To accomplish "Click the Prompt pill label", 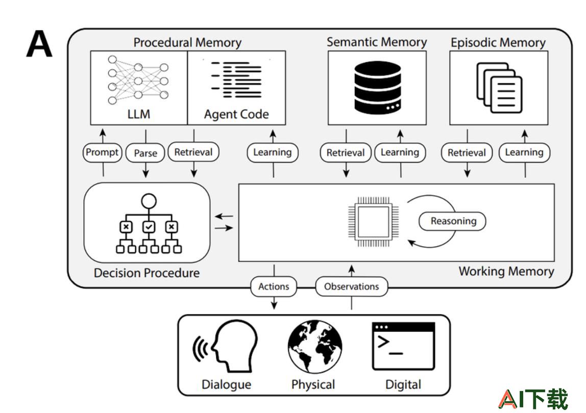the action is tap(102, 152).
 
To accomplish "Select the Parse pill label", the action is tap(145, 153).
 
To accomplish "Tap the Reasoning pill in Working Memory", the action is tap(453, 221).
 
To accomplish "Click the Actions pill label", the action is tap(274, 287).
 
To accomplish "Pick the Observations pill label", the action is tap(351, 287).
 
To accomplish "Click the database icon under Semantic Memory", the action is tap(377, 87).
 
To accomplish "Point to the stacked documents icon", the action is tap(499, 88).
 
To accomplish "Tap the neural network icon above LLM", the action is tap(138, 80).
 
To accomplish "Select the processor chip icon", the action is tap(373, 222).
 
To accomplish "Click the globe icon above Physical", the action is tap(314, 347).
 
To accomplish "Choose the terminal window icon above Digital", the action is tap(404, 346).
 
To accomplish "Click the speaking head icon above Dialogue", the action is tap(225, 346).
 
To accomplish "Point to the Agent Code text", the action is tap(236, 114).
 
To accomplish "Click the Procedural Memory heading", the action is tap(187, 42).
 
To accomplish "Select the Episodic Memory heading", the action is tap(498, 42).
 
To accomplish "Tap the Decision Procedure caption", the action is tap(146, 273).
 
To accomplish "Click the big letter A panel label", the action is tap(39, 44).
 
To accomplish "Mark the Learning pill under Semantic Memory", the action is tap(400, 152).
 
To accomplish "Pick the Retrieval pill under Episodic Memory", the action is tap(467, 153).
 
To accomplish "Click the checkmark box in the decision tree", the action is tap(149, 227).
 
